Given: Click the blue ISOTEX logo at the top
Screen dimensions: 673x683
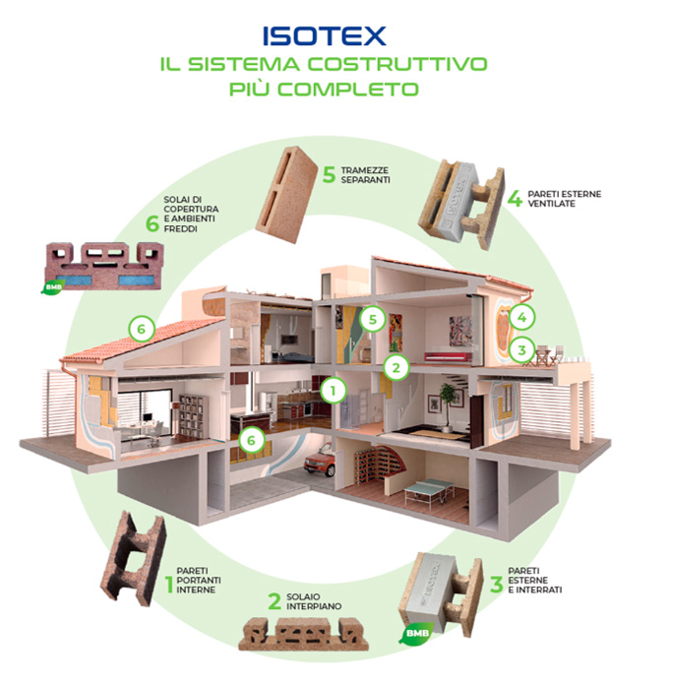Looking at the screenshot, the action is click(x=324, y=36).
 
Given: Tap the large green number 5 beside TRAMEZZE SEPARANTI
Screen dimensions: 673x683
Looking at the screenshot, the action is click(x=329, y=175).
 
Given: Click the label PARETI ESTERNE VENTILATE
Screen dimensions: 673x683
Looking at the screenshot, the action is click(x=564, y=199).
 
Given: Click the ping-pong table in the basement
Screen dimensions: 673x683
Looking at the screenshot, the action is click(x=429, y=490).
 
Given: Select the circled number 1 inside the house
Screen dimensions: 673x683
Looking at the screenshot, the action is click(x=334, y=391).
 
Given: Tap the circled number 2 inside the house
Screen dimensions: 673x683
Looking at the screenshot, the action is click(x=396, y=368).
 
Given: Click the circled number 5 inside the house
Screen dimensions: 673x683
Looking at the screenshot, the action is click(x=373, y=319).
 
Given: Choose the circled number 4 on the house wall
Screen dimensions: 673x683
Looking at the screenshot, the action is click(x=521, y=317).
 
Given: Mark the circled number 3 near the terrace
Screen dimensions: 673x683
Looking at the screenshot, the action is click(x=521, y=349).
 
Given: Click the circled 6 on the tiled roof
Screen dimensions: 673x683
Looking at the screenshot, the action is click(x=142, y=329).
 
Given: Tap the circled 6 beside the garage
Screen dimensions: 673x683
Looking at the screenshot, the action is click(x=251, y=440).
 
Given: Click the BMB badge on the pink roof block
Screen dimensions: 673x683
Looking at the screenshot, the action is click(x=53, y=286).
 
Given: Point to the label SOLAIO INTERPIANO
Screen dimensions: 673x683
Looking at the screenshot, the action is click(x=314, y=601).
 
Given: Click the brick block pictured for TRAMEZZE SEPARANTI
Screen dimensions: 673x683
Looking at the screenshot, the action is click(x=286, y=194).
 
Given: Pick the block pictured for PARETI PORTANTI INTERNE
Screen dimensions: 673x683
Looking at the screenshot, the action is click(x=133, y=558).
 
